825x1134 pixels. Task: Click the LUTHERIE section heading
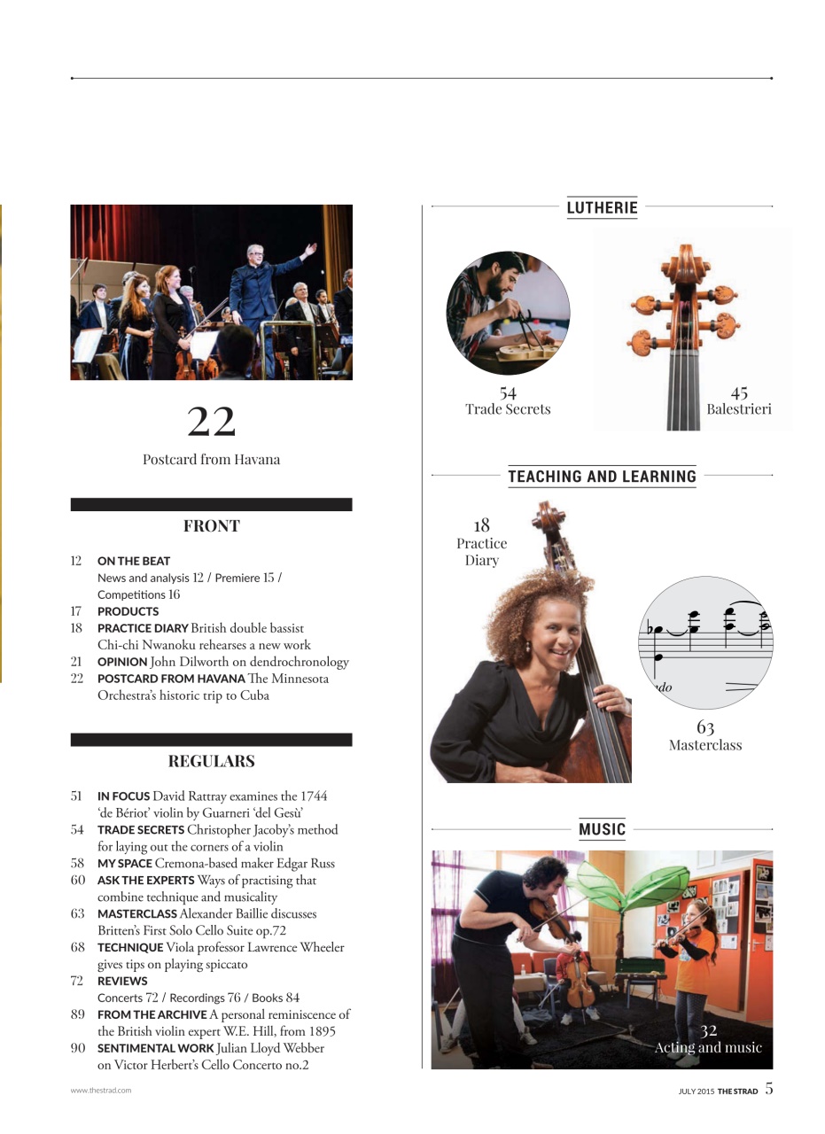tap(602, 207)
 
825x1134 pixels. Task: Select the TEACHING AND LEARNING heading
tap(602, 476)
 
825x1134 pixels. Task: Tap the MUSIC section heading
tap(602, 829)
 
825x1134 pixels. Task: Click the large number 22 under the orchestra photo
tap(211, 422)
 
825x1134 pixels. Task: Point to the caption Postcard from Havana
tap(211, 459)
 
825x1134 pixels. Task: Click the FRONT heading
tap(211, 525)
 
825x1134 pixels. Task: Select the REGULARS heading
tap(211, 761)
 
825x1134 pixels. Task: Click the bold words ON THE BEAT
tap(134, 561)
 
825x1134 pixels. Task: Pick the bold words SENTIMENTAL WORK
tap(155, 1048)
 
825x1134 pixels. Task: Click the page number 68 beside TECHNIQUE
tap(77, 947)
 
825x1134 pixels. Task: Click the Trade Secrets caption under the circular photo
tap(508, 409)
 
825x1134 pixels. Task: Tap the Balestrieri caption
tap(738, 409)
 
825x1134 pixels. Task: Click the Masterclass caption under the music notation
tap(705, 745)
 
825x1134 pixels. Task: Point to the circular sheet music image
tap(705, 642)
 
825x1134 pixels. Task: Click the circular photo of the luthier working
tap(508, 313)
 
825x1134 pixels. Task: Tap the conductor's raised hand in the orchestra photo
tap(308, 250)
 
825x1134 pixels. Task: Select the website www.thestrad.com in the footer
tap(101, 1091)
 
